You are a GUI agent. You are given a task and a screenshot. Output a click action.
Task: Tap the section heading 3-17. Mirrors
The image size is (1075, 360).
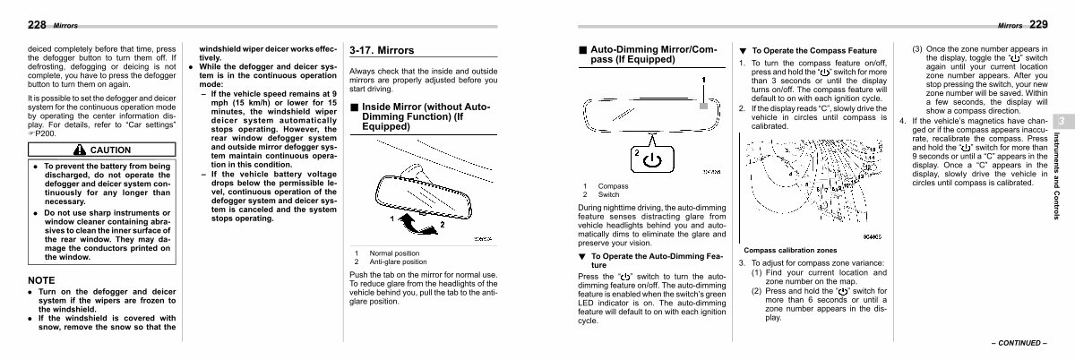[x=382, y=50]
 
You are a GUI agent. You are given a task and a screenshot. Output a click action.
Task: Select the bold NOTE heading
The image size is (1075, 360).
[x=42, y=280]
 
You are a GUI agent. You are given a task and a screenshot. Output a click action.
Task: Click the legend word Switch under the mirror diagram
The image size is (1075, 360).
[x=608, y=194]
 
